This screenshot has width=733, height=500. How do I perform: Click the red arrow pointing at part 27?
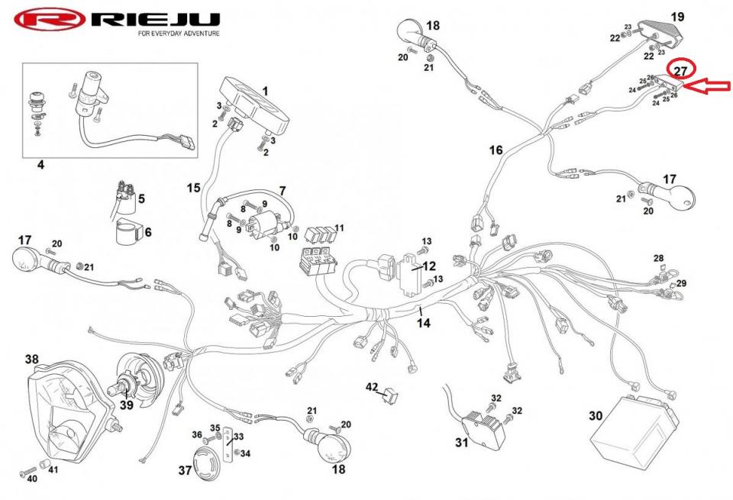pos(706,86)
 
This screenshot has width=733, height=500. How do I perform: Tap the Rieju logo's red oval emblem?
pos(47,21)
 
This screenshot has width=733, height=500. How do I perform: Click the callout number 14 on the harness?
pos(423,323)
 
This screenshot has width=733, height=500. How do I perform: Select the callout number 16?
pos(496,150)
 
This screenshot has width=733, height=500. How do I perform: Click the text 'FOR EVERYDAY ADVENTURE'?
pos(179,34)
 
